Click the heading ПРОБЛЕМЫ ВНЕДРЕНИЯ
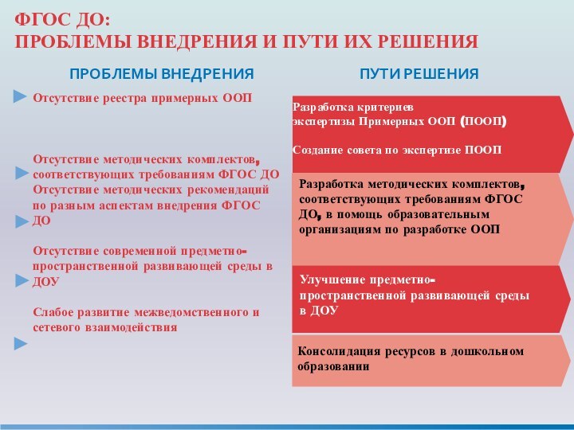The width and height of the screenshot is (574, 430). point(161,74)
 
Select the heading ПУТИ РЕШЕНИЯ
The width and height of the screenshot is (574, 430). point(419,74)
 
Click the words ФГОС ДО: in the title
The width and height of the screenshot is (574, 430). point(64,18)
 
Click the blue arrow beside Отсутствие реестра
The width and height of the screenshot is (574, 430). point(21,97)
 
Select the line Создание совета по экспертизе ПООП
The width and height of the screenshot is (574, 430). point(397,149)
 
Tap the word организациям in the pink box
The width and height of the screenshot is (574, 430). point(339,229)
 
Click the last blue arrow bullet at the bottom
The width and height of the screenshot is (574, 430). point(21,343)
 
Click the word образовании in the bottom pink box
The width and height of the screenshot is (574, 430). point(334,367)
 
